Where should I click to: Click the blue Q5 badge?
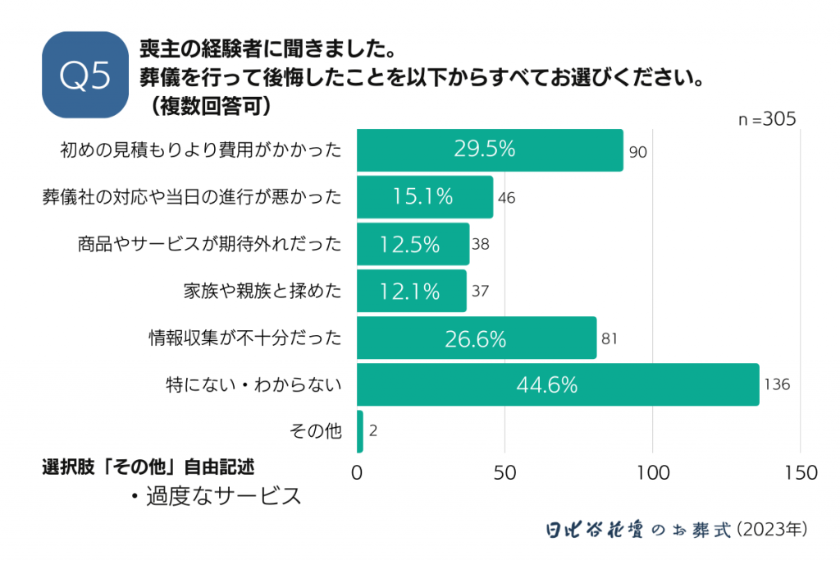pos(85,75)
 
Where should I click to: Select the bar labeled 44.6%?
pos(558,384)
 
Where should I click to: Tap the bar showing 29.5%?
pos(490,149)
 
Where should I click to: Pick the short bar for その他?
pos(359,431)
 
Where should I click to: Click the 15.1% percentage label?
pos(423,196)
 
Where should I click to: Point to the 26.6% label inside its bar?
pos(476,338)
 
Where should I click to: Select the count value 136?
pos(776,384)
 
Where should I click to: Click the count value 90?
pos(638,151)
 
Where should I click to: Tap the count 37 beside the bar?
pos(481,291)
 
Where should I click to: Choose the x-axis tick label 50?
pos(504,473)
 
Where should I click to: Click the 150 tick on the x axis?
pos(801,473)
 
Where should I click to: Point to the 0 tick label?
pos(357,473)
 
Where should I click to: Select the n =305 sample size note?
pos(767,119)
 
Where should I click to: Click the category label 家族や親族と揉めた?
pos(262,290)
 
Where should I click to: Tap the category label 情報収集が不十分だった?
pos(244,337)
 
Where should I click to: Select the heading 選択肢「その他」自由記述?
pos(148,467)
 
